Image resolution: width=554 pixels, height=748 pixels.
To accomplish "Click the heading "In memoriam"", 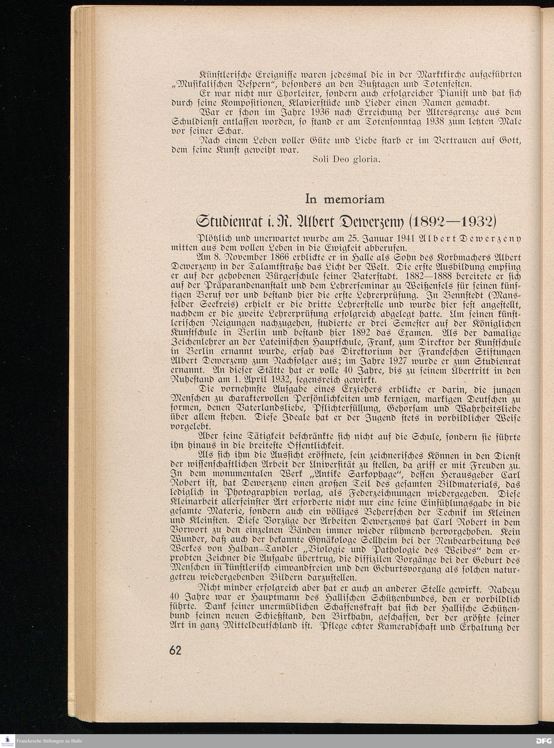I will click(x=345, y=199).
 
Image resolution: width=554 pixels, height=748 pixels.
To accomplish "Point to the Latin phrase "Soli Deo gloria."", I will click(x=346, y=159).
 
